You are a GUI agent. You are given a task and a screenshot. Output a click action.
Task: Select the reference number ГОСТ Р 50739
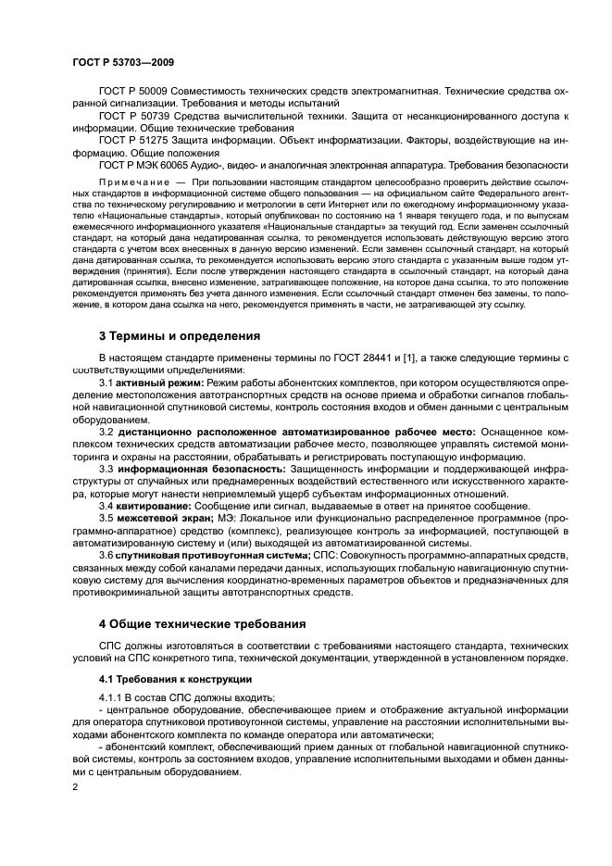pyautogui.click(x=131, y=117)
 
